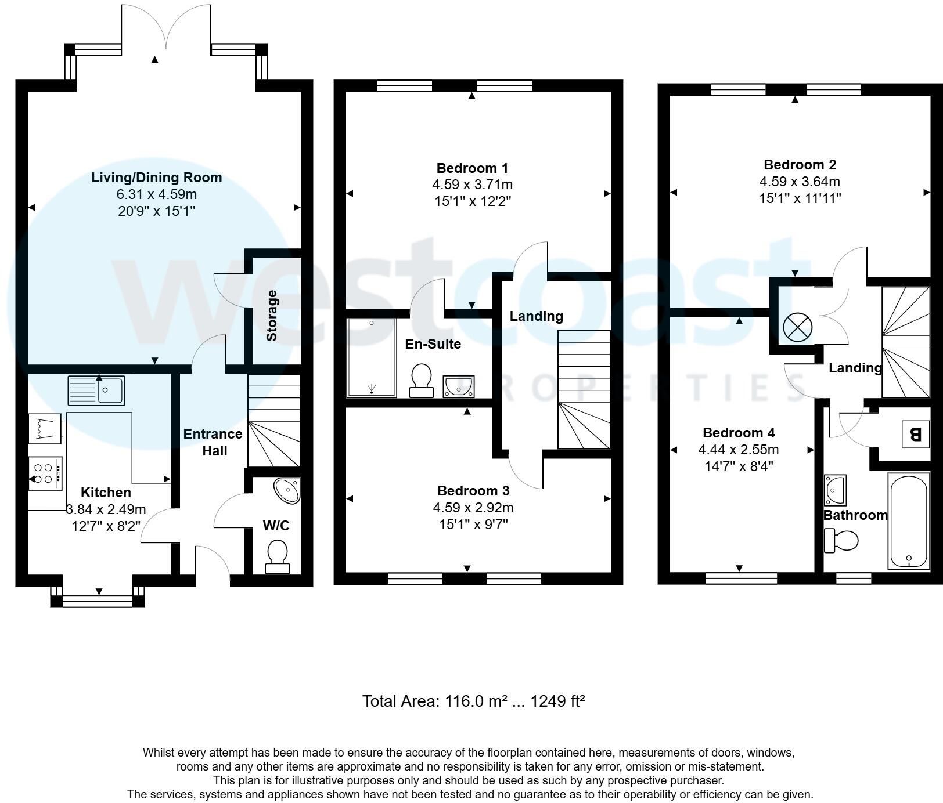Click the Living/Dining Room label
(156, 178)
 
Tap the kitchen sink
(96, 390)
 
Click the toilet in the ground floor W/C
(277, 556)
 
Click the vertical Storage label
(272, 316)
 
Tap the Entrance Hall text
(213, 442)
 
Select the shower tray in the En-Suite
(372, 357)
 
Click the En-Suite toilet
(421, 380)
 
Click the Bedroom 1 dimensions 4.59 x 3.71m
(472, 185)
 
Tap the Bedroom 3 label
(473, 491)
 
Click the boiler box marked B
(915, 434)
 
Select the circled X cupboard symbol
(797, 328)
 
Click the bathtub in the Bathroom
(909, 521)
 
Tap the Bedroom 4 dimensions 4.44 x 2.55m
(738, 450)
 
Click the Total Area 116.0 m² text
(473, 701)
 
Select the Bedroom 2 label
(800, 164)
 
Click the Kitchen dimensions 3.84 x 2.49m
(106, 509)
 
